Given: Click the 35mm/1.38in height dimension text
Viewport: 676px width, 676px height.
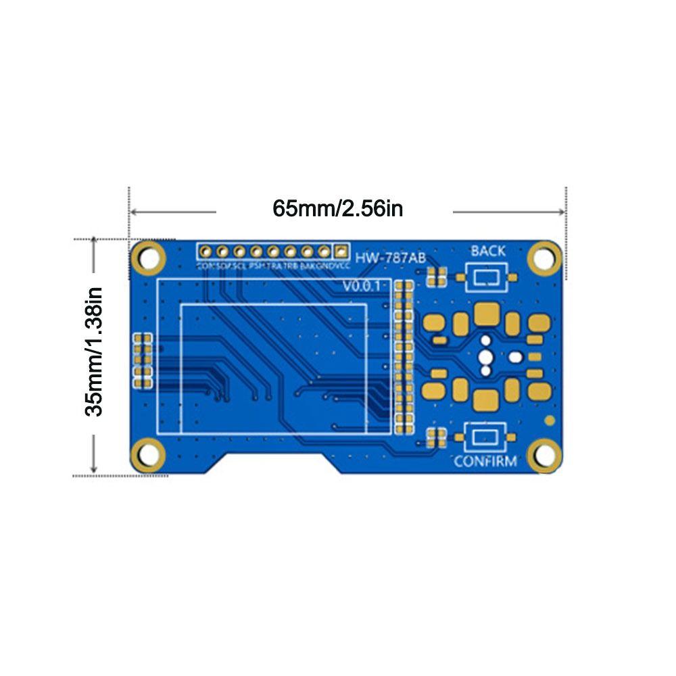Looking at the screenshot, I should (x=93, y=352).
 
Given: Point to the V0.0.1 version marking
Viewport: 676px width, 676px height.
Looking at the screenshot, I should (x=363, y=287).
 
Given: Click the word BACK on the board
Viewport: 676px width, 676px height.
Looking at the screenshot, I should (x=487, y=251).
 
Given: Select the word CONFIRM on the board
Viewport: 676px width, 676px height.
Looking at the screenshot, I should (x=485, y=462).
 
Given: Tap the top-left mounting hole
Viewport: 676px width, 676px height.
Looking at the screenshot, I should (x=149, y=258).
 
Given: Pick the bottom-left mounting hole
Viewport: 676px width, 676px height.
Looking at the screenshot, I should (x=149, y=454).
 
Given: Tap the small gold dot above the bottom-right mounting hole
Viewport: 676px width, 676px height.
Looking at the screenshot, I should (x=550, y=420).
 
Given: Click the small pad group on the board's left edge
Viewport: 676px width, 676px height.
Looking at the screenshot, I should (x=143, y=360).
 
